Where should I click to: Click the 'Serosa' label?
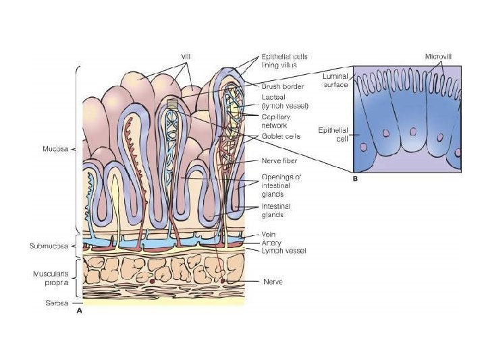tap(57, 303)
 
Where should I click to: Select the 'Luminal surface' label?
tap(335, 81)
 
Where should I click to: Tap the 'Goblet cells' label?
tap(279, 135)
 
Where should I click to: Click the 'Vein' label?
tap(269, 234)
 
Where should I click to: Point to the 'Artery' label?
tap(271, 242)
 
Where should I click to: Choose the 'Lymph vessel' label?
tap(283, 251)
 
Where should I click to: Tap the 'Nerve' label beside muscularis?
tap(272, 282)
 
